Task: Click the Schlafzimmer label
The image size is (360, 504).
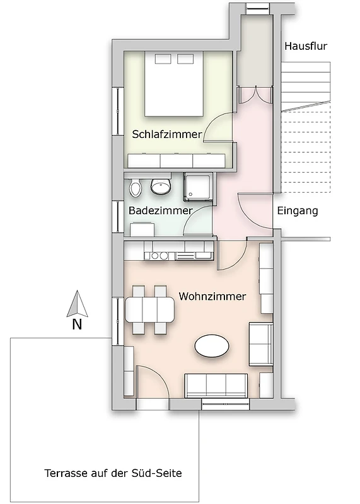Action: [167, 134]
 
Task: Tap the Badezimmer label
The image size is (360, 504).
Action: [161, 211]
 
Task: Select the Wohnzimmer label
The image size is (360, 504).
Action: [212, 296]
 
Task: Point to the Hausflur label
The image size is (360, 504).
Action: [306, 46]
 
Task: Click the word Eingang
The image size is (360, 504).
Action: [298, 211]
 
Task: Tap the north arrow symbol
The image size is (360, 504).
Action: [77, 304]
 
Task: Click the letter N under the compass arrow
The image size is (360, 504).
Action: [77, 324]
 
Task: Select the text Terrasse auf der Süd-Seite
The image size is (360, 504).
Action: [113, 473]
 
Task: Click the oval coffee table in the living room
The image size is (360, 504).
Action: [212, 346]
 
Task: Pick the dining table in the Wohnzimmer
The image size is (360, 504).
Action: [149, 310]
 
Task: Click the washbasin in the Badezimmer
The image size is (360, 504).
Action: [161, 186]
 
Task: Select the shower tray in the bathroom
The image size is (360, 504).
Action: [198, 187]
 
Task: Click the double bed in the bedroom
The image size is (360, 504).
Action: [174, 84]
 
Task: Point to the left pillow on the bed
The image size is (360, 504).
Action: [163, 59]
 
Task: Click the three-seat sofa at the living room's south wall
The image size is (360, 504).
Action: [216, 386]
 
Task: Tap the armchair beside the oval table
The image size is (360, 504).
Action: [261, 345]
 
